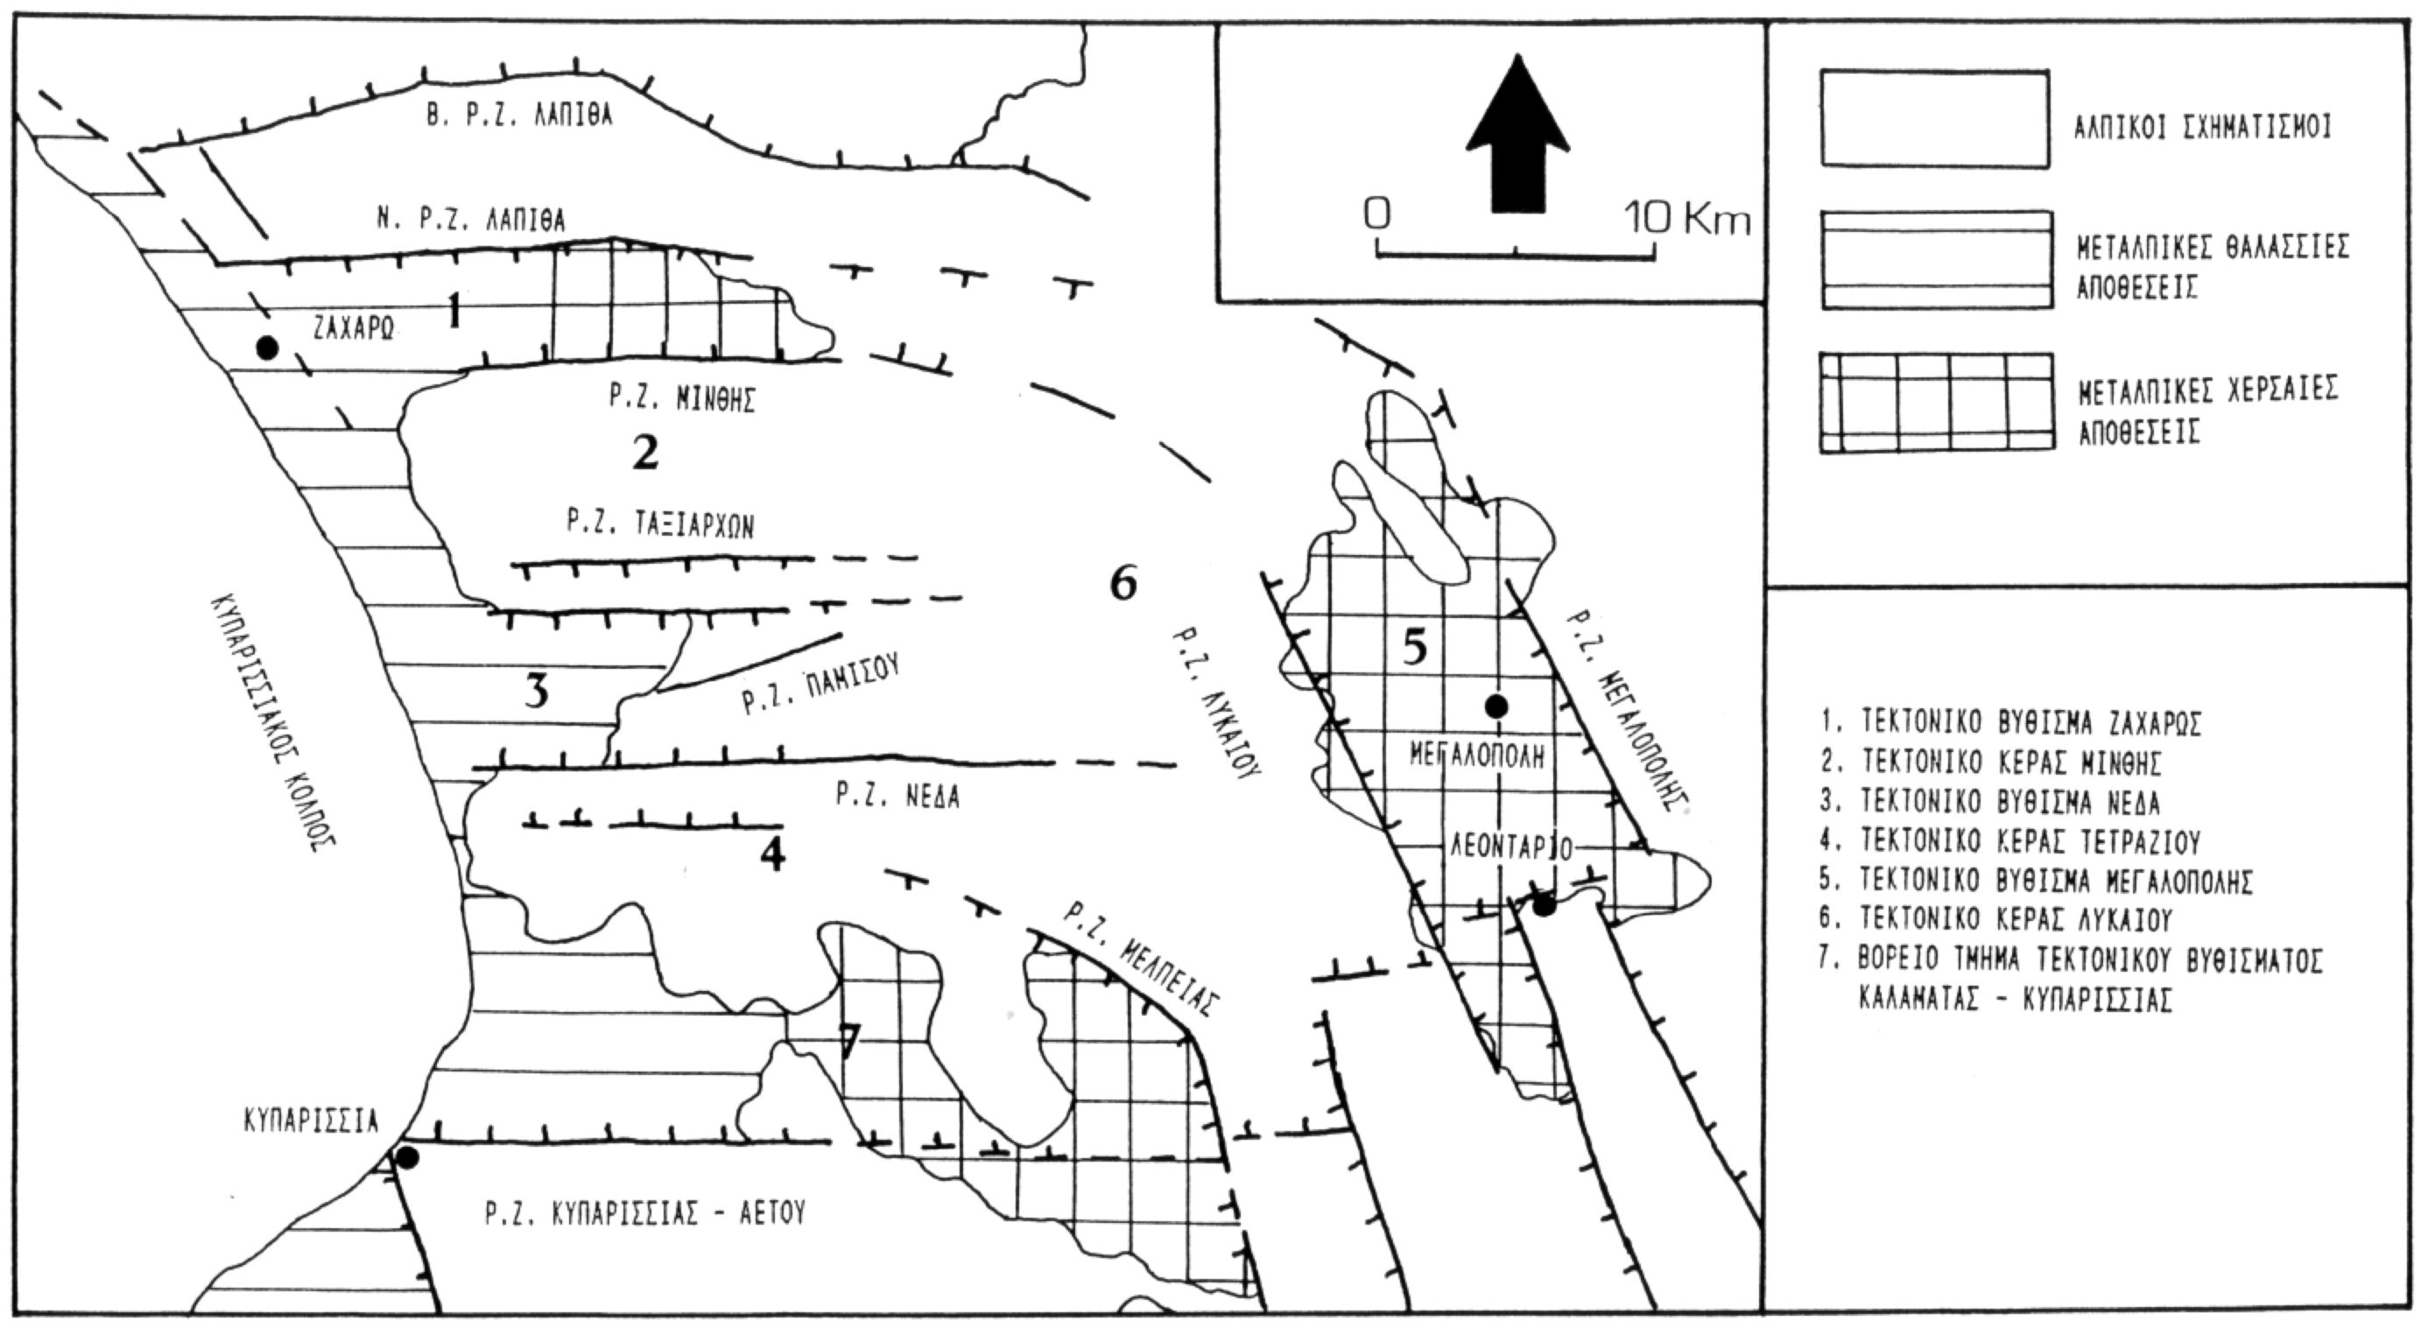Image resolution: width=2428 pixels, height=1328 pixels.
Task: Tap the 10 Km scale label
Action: [x=1687, y=220]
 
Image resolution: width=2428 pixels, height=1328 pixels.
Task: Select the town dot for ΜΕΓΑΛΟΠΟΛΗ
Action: [x=1496, y=705]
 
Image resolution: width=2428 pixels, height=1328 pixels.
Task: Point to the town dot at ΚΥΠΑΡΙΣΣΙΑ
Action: [x=407, y=1157]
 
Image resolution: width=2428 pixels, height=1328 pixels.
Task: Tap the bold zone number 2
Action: [x=644, y=453]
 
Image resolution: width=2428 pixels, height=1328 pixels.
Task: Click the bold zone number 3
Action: [x=535, y=692]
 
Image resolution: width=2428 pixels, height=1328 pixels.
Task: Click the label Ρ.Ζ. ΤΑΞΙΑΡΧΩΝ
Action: [x=660, y=524]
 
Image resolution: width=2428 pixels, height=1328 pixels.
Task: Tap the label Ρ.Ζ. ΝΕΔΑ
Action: [x=897, y=798]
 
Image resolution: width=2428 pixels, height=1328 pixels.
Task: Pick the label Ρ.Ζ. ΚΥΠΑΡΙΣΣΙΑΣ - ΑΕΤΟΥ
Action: [x=645, y=1212]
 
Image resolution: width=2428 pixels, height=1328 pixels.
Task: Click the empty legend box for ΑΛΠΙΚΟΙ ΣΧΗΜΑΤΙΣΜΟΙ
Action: [x=1935, y=119]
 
